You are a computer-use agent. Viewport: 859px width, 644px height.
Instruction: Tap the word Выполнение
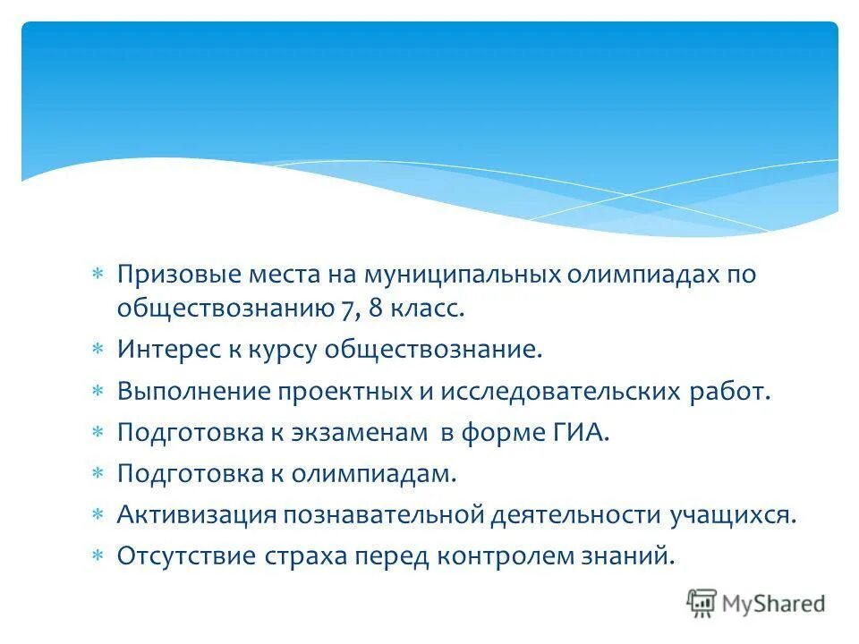pyautogui.click(x=192, y=392)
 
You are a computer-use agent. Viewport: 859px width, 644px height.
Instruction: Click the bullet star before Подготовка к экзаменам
pyautogui.click(x=99, y=433)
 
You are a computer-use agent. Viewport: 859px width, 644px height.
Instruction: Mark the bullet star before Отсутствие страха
pyautogui.click(x=99, y=556)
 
